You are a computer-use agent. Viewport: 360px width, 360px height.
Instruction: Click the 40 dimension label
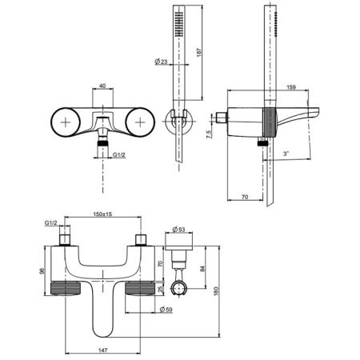[102, 86]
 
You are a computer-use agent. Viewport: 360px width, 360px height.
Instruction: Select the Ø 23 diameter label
[161, 62]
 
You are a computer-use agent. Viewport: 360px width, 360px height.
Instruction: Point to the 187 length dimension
[199, 52]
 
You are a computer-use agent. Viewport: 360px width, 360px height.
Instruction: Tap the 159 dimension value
[291, 87]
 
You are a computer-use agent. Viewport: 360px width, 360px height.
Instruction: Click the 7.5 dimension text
[209, 134]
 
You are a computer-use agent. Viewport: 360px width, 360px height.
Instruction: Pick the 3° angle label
[286, 154]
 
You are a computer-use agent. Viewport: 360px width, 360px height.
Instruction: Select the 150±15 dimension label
[102, 214]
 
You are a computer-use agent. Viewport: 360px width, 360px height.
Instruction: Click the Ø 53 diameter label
[178, 229]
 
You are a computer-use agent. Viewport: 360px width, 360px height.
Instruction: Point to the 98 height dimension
[42, 270]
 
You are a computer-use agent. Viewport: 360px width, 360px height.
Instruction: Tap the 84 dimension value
[202, 269]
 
